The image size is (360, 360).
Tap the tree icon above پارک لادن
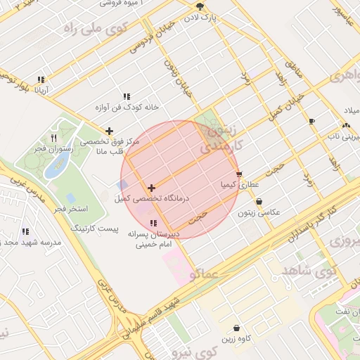tap(200, 6)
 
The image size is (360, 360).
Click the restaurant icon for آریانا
tap(41, 79)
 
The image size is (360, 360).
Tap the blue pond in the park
tap(56, 167)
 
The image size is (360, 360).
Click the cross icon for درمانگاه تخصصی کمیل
tap(151, 188)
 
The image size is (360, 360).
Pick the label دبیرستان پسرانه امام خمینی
tap(154, 240)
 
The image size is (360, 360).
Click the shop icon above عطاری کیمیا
tap(239, 174)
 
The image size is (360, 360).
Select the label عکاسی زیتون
tap(258, 212)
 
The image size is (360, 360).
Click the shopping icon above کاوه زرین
tap(236, 328)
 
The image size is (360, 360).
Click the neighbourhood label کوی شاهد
tap(306, 270)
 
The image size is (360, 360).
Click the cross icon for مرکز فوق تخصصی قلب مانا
tap(109, 131)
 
